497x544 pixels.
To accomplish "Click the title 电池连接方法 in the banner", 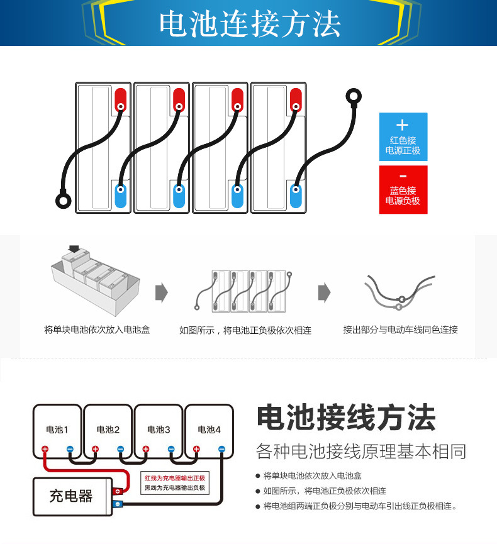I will [250, 23].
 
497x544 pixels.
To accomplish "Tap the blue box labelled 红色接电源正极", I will [403, 136].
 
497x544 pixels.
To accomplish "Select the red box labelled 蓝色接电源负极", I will [403, 189].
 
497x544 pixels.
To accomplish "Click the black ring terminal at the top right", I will [354, 97].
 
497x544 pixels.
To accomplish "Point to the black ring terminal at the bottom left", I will [63, 201].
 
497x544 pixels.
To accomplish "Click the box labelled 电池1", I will [57, 430].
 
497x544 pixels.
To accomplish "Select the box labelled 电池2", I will [108, 430].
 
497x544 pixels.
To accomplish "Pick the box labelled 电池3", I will [159, 430].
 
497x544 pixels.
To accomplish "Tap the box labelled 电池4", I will [209, 430].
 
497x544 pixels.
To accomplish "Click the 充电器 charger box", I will [71, 496].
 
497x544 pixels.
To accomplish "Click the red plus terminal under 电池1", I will [45, 449].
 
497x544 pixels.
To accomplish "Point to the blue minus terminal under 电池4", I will [221, 449].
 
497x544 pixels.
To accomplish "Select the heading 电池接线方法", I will [345, 418].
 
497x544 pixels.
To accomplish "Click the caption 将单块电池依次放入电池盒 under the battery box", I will [97, 330].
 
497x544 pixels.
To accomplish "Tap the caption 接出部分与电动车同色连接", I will [400, 330].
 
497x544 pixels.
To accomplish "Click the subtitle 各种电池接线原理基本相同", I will [361, 451].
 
